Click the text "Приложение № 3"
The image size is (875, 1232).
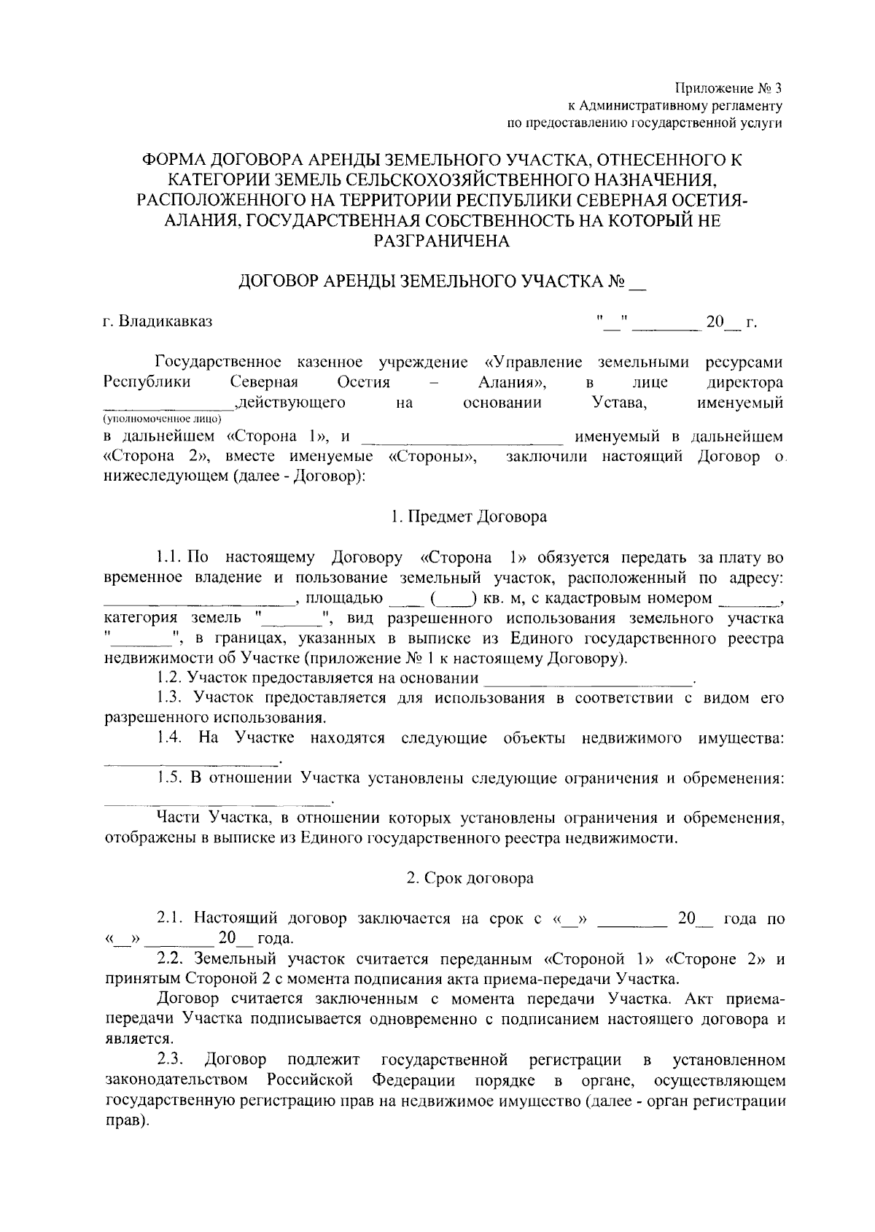728,89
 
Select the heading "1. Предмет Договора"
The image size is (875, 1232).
468,517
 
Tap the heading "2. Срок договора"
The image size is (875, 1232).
470,877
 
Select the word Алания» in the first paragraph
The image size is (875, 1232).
513,383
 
